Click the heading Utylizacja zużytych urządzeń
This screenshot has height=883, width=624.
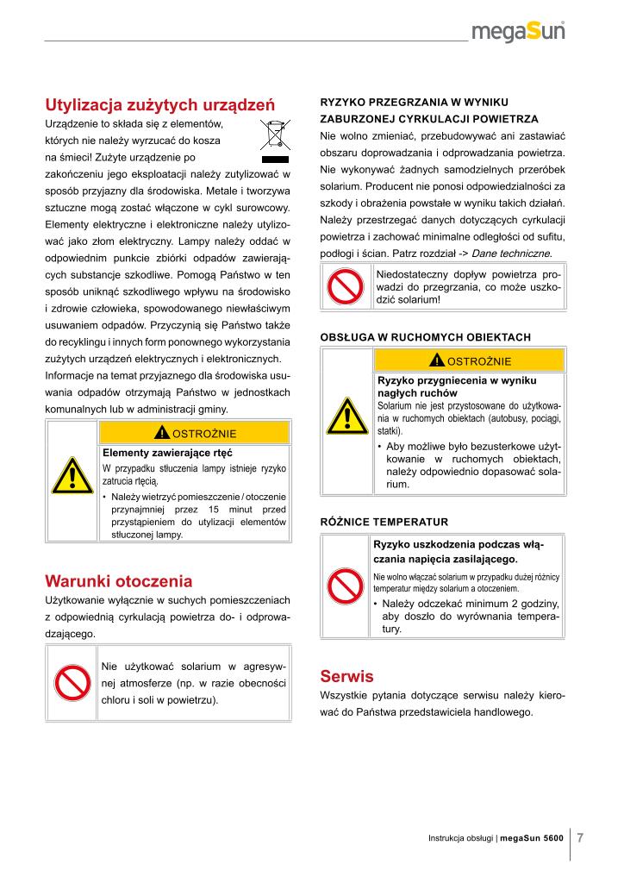pyautogui.click(x=159, y=105)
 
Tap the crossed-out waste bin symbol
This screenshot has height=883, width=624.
pyautogui.click(x=277, y=142)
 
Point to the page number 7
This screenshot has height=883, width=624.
pyautogui.click(x=580, y=837)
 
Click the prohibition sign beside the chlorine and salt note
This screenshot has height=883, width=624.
pyautogui.click(x=73, y=685)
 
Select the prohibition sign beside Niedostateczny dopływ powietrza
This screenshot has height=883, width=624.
pyautogui.click(x=346, y=286)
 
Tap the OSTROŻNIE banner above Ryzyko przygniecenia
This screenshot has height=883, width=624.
pyautogui.click(x=470, y=360)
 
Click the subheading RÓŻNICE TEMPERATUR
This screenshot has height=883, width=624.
pyautogui.click(x=384, y=522)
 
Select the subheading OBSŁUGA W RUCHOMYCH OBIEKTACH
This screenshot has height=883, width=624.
pyautogui.click(x=425, y=336)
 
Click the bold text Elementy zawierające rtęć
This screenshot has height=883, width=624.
pyautogui.click(x=168, y=452)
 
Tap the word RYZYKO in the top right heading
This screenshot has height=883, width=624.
pyautogui.click(x=346, y=102)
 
